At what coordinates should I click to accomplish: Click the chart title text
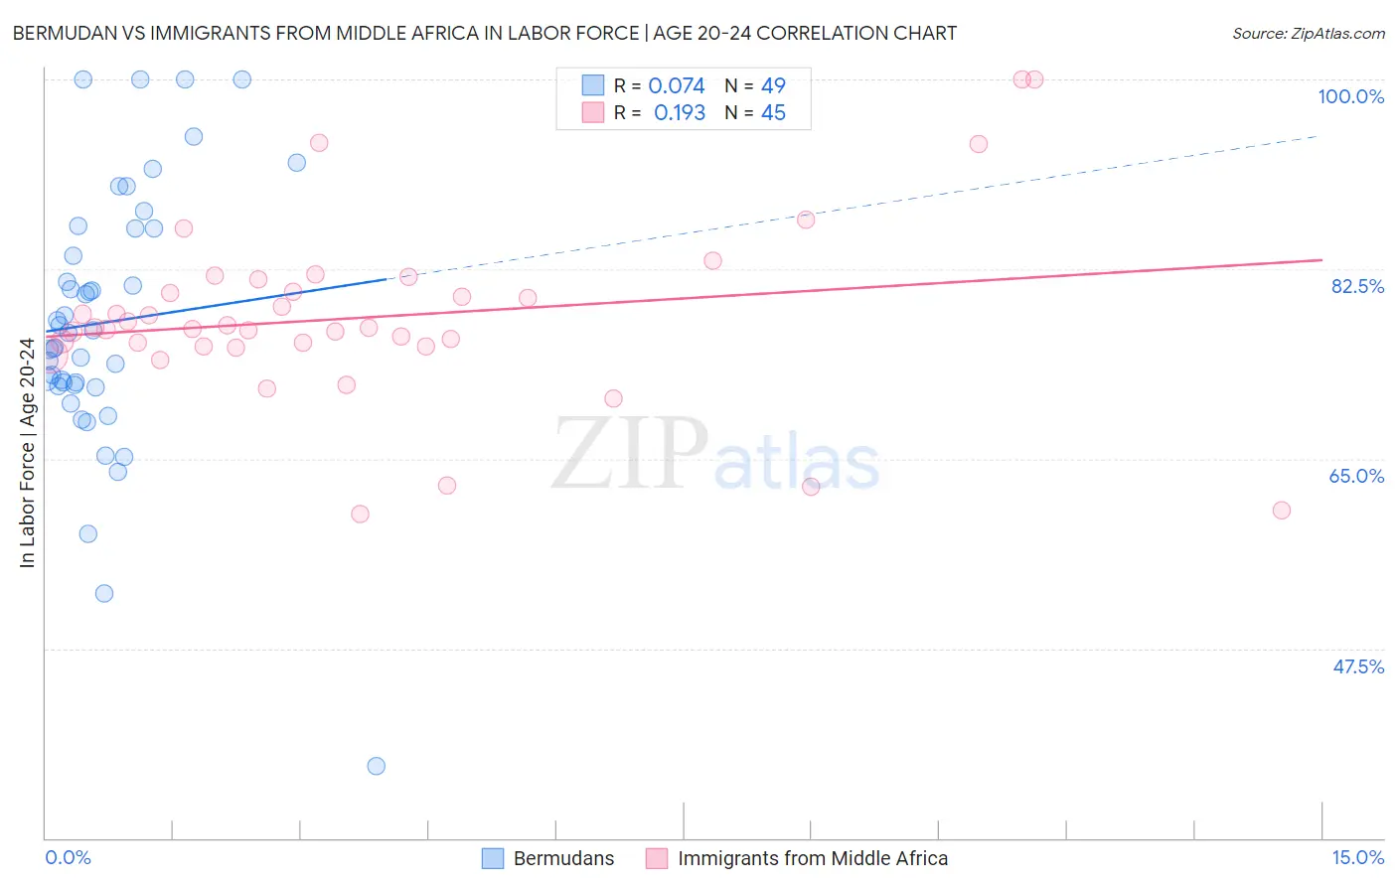[x=484, y=33]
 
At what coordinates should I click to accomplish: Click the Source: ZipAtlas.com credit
[x=1308, y=34]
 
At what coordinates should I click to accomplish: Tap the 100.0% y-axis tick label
[x=1350, y=96]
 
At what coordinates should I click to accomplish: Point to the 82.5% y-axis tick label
[x=1357, y=286]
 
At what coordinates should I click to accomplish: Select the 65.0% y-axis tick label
[x=1356, y=476]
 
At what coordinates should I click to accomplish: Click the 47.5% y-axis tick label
[x=1357, y=666]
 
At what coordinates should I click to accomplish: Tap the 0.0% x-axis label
[x=68, y=857]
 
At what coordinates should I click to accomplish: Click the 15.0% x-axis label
[x=1357, y=857]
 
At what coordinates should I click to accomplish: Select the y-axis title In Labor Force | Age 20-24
[x=27, y=453]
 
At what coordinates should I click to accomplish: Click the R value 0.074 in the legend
[x=677, y=86]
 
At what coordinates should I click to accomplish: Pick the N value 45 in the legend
[x=773, y=113]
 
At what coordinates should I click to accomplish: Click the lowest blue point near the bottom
[x=376, y=766]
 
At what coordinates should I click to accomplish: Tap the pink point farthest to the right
[x=1282, y=511]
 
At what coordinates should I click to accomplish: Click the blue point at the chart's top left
[x=83, y=79]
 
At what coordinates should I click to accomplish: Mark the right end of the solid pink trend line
[x=1321, y=260]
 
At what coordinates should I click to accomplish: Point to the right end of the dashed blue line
[x=1319, y=135]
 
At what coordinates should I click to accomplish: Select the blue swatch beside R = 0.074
[x=593, y=85]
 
